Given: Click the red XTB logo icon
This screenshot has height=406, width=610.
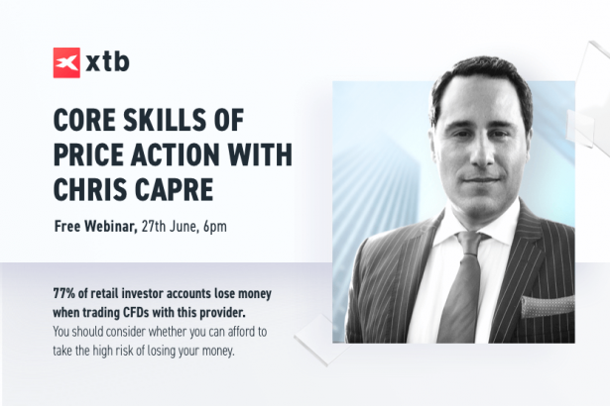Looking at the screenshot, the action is [66, 62].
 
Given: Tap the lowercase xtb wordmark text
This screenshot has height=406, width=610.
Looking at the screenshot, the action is [107, 62].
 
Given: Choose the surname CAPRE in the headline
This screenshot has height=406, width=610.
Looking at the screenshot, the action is [174, 189].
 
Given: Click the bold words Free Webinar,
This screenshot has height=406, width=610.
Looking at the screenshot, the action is [96, 226].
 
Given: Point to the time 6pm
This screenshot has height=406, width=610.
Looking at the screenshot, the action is [215, 227].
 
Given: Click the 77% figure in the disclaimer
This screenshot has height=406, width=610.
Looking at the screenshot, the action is [63, 294].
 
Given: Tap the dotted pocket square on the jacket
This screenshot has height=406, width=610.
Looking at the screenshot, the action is [549, 305].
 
